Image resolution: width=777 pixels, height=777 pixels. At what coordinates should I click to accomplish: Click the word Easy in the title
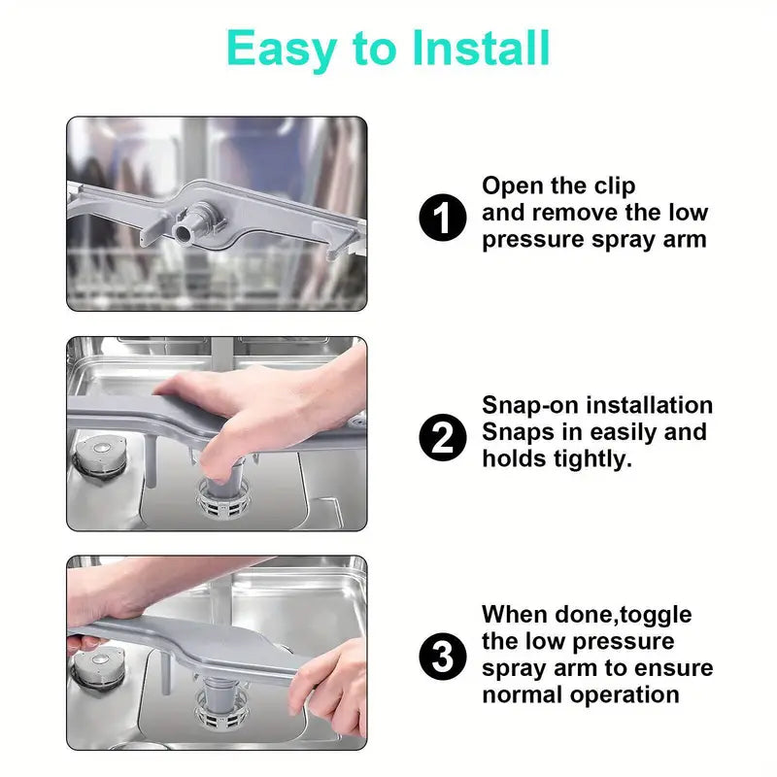coord(282,50)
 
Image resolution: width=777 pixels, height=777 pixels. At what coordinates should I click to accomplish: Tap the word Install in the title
coord(481,48)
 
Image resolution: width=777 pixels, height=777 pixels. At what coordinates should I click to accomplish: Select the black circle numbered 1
coord(443,217)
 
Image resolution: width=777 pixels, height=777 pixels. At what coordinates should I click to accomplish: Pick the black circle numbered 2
coord(443,437)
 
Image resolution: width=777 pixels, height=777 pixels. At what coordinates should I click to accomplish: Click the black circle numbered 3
coord(443,657)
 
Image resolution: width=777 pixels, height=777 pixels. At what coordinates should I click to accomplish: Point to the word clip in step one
coord(615,186)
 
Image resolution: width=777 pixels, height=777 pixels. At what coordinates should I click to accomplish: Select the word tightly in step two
coord(592,459)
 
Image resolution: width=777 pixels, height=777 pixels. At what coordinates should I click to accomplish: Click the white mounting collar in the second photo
coord(223,499)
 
